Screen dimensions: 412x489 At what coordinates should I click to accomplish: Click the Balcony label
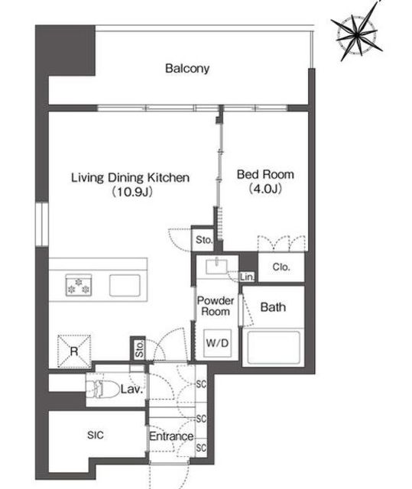click(x=187, y=68)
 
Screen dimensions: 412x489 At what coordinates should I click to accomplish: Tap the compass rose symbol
click(x=357, y=34)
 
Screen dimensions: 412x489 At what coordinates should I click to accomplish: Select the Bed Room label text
click(x=265, y=174)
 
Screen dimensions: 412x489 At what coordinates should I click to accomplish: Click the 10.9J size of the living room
click(x=132, y=192)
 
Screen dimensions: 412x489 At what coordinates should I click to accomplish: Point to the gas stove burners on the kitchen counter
click(x=79, y=285)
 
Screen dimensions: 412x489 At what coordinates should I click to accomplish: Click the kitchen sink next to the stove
click(x=125, y=285)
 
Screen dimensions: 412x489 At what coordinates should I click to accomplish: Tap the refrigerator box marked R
click(x=74, y=351)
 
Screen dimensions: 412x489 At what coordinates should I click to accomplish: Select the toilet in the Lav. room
click(x=102, y=389)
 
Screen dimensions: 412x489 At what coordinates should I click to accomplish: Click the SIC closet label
click(x=96, y=435)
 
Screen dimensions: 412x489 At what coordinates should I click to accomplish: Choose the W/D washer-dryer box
click(x=217, y=343)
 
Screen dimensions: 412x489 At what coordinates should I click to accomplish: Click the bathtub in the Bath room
click(x=274, y=347)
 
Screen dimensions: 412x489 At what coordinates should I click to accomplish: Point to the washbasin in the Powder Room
click(x=217, y=267)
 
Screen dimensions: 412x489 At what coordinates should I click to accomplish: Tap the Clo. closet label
click(x=281, y=267)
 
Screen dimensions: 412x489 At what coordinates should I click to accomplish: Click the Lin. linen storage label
click(x=248, y=277)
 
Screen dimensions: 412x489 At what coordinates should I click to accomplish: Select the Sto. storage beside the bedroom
click(x=204, y=240)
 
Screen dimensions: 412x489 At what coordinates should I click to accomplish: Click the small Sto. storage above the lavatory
click(x=139, y=348)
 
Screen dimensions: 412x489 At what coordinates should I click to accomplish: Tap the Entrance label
click(x=171, y=436)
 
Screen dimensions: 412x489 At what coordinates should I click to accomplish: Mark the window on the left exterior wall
click(x=42, y=225)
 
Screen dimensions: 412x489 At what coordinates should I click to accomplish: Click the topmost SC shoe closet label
click(x=201, y=384)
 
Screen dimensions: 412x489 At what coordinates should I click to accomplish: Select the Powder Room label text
click(x=216, y=306)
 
